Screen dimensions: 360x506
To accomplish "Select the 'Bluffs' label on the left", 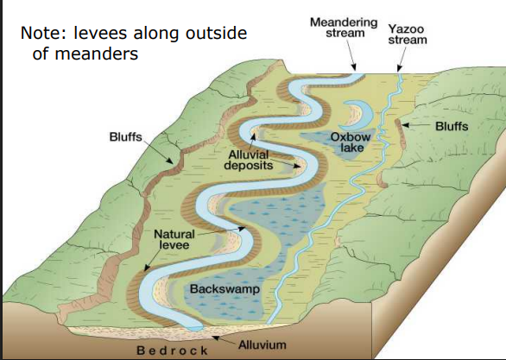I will (x=126, y=136).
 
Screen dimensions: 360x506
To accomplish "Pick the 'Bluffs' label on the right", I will (x=451, y=126).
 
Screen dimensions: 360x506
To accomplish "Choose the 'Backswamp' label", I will (x=214, y=287).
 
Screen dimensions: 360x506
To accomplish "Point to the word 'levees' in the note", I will (x=109, y=34).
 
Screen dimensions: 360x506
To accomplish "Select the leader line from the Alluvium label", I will (x=220, y=337).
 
